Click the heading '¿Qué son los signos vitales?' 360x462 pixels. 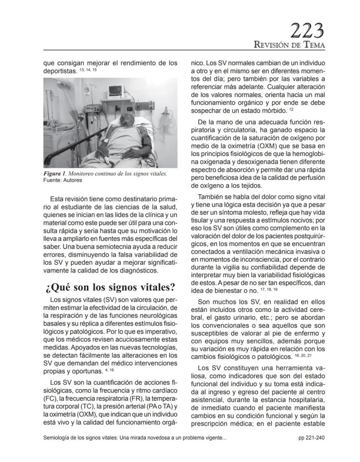click(110, 287)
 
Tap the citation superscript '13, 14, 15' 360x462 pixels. click(88, 70)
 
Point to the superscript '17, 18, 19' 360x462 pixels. click(269, 289)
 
